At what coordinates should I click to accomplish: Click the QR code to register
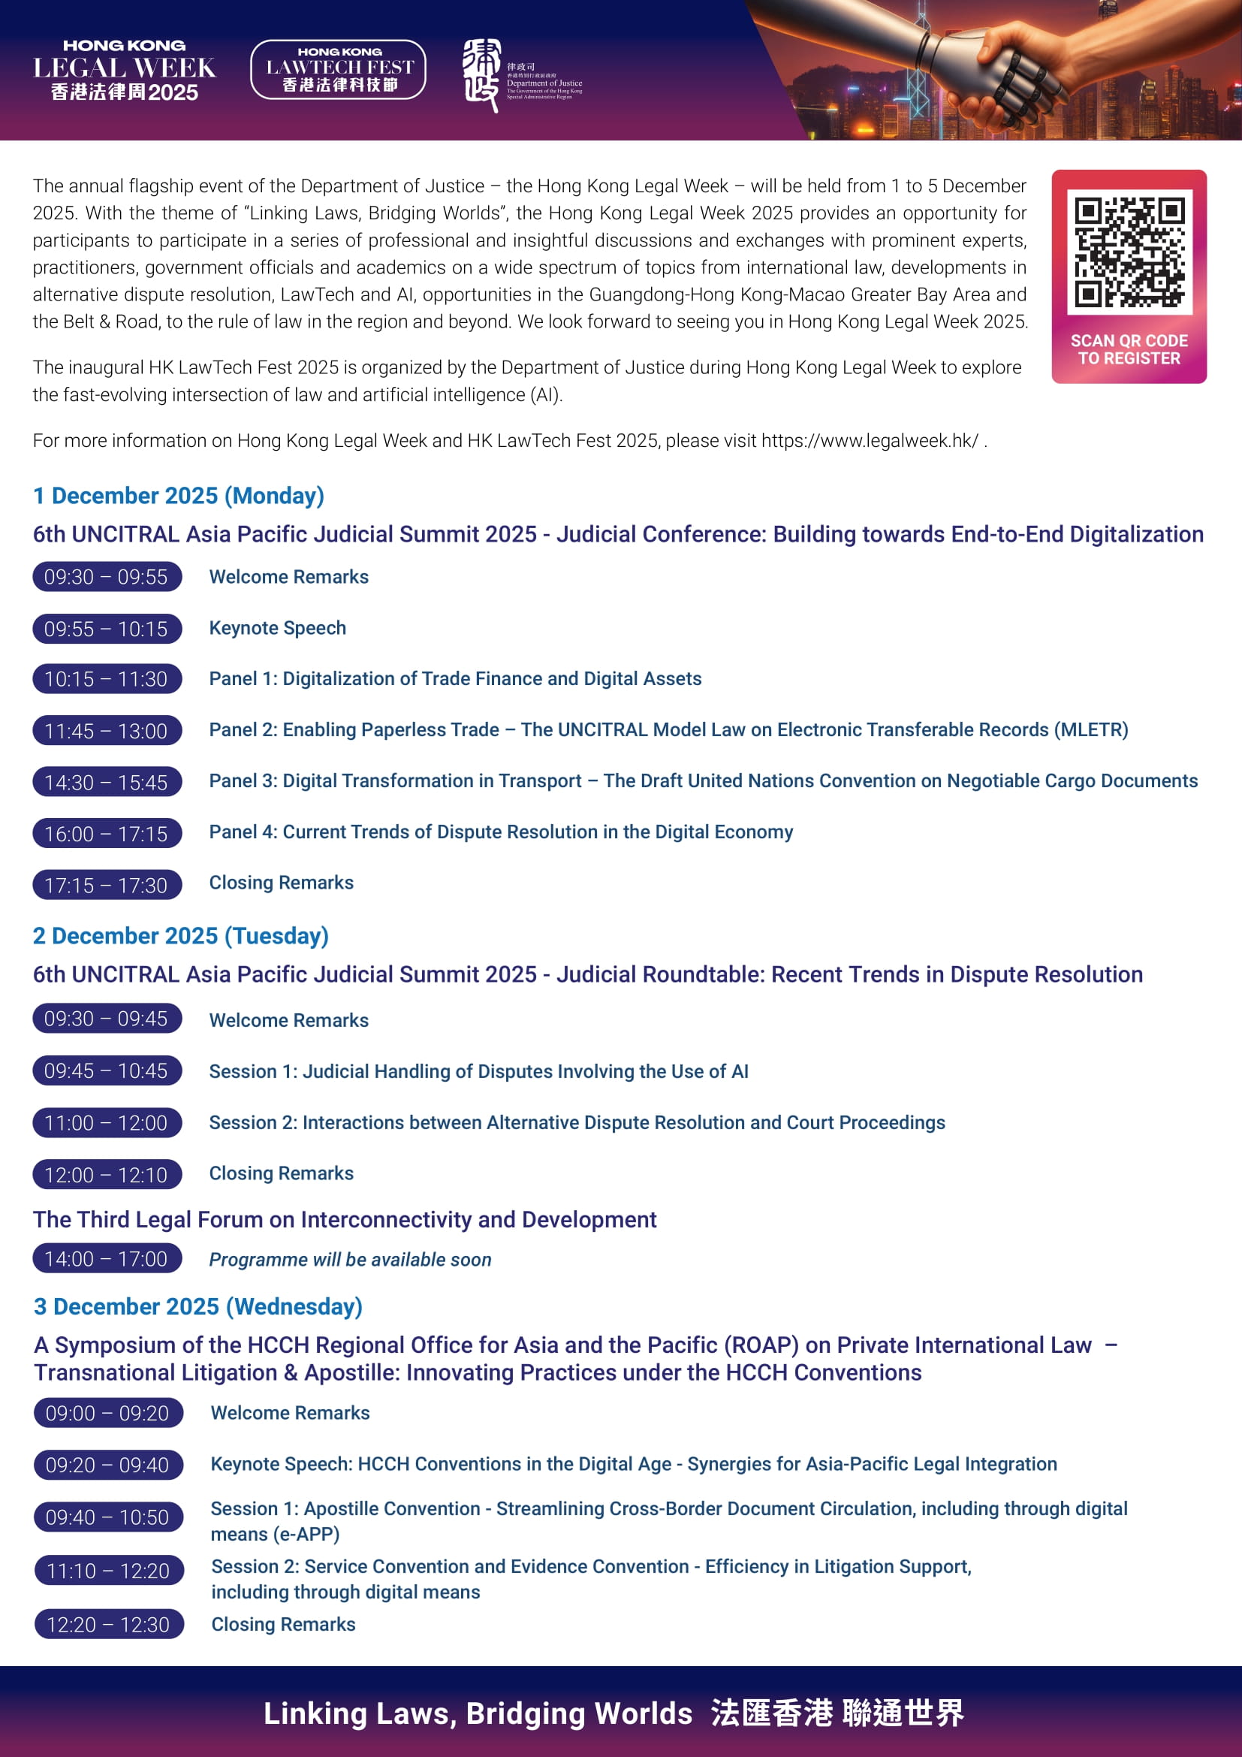[x=1129, y=252]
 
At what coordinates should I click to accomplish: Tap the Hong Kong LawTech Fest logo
[x=338, y=70]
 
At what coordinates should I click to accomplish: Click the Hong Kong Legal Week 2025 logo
[x=124, y=71]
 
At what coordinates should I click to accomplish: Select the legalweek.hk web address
[x=869, y=441]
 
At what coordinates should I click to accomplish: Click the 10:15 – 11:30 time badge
[x=107, y=679]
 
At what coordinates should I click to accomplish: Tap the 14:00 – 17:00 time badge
[x=107, y=1259]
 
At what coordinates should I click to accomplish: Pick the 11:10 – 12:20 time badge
[x=109, y=1571]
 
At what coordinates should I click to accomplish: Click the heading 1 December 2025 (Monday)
[x=178, y=496]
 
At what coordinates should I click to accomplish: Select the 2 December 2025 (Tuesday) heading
[x=180, y=936]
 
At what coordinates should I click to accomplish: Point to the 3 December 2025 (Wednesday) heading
[x=197, y=1306]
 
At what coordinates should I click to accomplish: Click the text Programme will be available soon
[x=349, y=1260]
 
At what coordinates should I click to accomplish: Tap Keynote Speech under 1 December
[x=278, y=628]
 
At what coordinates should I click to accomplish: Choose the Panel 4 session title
[x=501, y=832]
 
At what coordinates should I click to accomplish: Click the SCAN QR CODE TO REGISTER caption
[x=1129, y=350]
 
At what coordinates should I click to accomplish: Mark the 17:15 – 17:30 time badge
[x=107, y=886]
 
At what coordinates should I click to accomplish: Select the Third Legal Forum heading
[x=344, y=1219]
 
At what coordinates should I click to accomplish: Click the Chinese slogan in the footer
[x=837, y=1713]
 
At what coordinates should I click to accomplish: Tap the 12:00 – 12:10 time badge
[x=107, y=1175]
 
